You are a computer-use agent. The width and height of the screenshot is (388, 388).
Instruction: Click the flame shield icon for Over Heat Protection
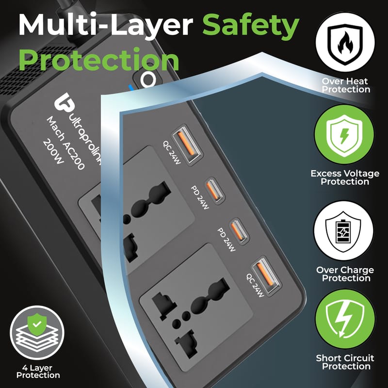[x=345, y=42]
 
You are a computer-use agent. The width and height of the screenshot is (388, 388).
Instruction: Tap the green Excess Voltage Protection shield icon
[x=344, y=134]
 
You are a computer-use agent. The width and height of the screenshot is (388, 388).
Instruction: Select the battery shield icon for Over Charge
[x=343, y=231]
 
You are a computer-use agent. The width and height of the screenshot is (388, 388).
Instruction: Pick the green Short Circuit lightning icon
[x=345, y=319]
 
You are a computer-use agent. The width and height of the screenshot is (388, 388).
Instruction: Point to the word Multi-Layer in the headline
[x=106, y=25]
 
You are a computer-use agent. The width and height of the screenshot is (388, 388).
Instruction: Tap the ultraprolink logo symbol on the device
[x=64, y=102]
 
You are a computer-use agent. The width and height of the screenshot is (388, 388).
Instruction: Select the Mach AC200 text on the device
[x=65, y=143]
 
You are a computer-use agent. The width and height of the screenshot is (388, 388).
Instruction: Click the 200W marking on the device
[x=53, y=152]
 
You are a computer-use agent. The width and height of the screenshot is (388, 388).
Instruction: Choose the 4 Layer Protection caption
[x=38, y=372]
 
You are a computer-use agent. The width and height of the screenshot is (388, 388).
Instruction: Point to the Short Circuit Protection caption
[x=345, y=362]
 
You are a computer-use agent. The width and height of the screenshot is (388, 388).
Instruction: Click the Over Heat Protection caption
[x=345, y=85]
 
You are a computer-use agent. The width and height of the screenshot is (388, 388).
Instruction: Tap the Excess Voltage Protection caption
[x=345, y=178]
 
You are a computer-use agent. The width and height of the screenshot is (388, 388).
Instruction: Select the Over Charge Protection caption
[x=345, y=274]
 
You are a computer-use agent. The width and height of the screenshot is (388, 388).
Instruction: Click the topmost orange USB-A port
[x=187, y=144]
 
